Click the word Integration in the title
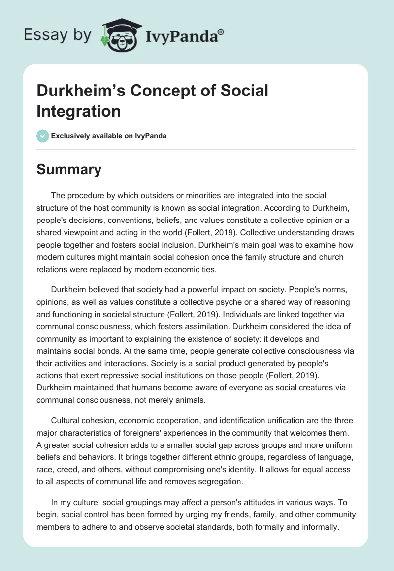pos(79,111)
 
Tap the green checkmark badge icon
pos(43,136)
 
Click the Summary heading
pos(69,169)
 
